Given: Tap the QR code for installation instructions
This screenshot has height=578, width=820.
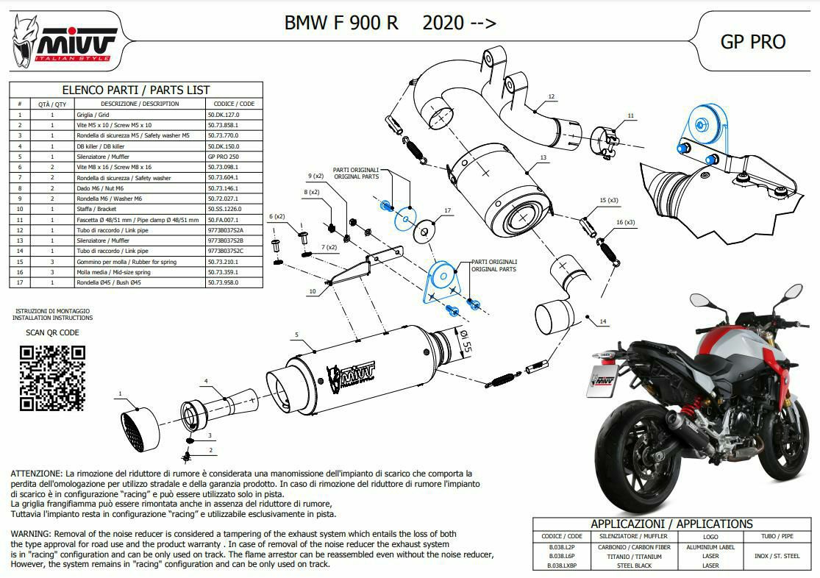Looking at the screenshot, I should click(x=51, y=377).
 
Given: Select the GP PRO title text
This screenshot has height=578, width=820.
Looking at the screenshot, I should click(x=752, y=41).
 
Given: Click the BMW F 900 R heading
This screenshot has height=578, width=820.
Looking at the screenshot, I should click(x=341, y=23).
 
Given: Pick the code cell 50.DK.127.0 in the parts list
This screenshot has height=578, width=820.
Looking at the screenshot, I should click(x=224, y=115).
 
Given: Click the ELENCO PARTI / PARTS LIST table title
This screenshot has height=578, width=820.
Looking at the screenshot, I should click(x=136, y=90).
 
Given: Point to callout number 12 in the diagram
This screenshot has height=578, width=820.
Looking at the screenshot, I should click(x=552, y=96).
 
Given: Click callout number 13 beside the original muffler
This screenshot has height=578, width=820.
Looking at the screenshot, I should click(x=543, y=157).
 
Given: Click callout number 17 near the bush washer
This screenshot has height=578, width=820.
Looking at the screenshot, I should click(x=447, y=211).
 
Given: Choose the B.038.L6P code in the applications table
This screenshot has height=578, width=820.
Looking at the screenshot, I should click(x=561, y=556).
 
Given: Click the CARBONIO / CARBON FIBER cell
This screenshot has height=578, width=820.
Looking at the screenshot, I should click(x=639, y=546).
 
